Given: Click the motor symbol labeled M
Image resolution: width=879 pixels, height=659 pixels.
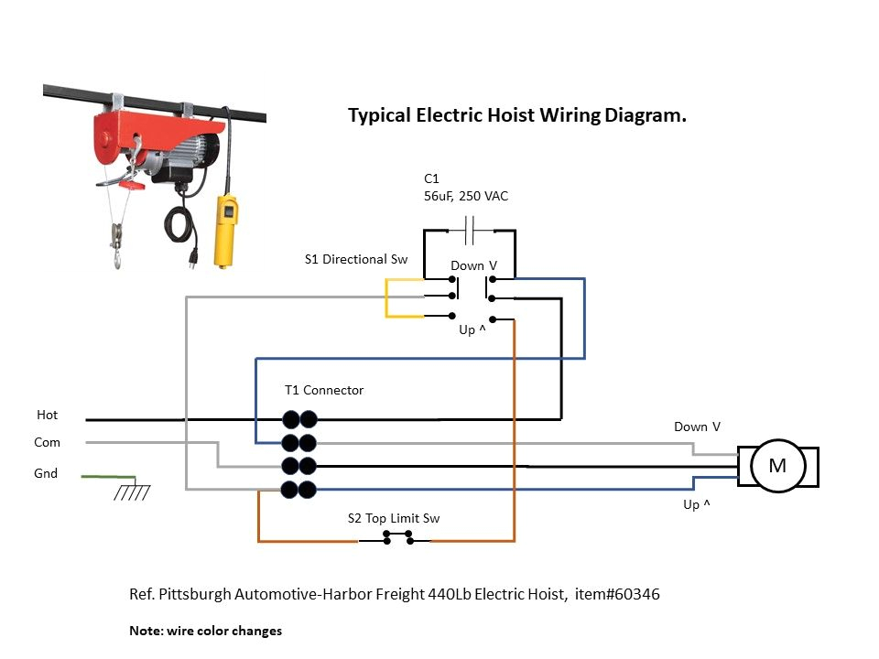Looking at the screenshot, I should (x=777, y=466).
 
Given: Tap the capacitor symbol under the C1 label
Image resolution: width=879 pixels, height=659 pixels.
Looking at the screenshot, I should (x=469, y=231).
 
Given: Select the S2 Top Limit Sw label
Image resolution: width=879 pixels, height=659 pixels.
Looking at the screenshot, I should (x=394, y=518).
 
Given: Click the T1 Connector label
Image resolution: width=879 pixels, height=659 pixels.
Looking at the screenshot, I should (x=324, y=390).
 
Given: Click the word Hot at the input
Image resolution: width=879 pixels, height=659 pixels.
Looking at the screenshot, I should (x=48, y=415).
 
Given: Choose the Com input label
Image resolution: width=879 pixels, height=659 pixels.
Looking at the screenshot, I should (x=48, y=442).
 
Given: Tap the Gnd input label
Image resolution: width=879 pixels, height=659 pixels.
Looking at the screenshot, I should (x=47, y=473).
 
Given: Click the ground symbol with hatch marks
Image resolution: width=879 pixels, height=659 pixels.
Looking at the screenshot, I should (x=132, y=492).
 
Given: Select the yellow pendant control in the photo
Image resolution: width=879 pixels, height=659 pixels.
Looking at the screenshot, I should (x=224, y=229).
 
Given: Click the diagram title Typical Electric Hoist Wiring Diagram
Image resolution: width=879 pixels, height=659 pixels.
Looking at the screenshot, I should (x=517, y=116).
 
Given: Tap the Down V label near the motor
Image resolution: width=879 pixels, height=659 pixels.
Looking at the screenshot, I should (x=697, y=427).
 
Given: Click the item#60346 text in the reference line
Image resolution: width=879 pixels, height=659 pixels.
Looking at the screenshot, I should (x=617, y=594).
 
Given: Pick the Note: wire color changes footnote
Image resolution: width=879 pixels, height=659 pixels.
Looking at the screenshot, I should (x=206, y=631).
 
